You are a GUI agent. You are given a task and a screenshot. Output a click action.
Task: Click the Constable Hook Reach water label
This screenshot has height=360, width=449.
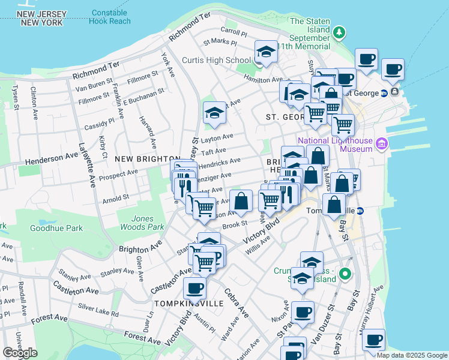pos(109,16)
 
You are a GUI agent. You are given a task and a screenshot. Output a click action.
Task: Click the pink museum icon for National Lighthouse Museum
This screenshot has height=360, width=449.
pos(382,143)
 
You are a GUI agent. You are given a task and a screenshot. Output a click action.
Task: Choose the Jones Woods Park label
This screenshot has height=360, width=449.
pos(140,223)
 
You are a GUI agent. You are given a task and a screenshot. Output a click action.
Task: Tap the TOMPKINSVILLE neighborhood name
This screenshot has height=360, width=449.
pos(188,304)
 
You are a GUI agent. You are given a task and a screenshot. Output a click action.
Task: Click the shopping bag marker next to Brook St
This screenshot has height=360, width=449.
pos(241,201)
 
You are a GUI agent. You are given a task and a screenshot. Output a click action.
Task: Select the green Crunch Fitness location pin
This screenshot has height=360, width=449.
pos(345,275)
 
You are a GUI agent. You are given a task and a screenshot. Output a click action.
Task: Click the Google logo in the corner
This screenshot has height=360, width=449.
pos(20,353)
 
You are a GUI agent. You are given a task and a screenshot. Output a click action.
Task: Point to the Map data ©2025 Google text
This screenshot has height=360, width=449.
pos(411,355)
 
